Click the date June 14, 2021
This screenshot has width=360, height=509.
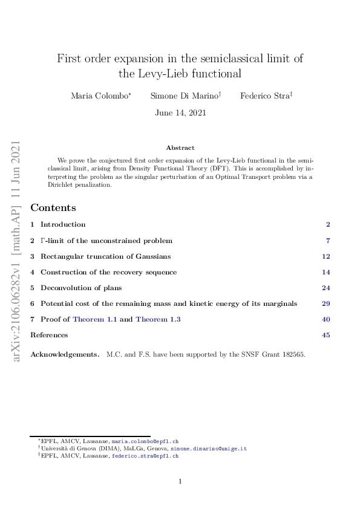click(x=180, y=112)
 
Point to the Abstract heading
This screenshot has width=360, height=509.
click(x=180, y=148)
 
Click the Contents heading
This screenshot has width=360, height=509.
click(x=53, y=207)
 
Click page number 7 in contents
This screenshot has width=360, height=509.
click(x=327, y=240)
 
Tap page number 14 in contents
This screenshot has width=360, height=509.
click(x=326, y=272)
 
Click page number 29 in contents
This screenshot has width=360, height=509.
click(x=326, y=303)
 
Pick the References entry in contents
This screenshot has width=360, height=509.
click(x=49, y=335)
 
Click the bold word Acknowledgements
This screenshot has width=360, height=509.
click(x=65, y=354)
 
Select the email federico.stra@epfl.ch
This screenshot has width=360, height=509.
click(x=145, y=456)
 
